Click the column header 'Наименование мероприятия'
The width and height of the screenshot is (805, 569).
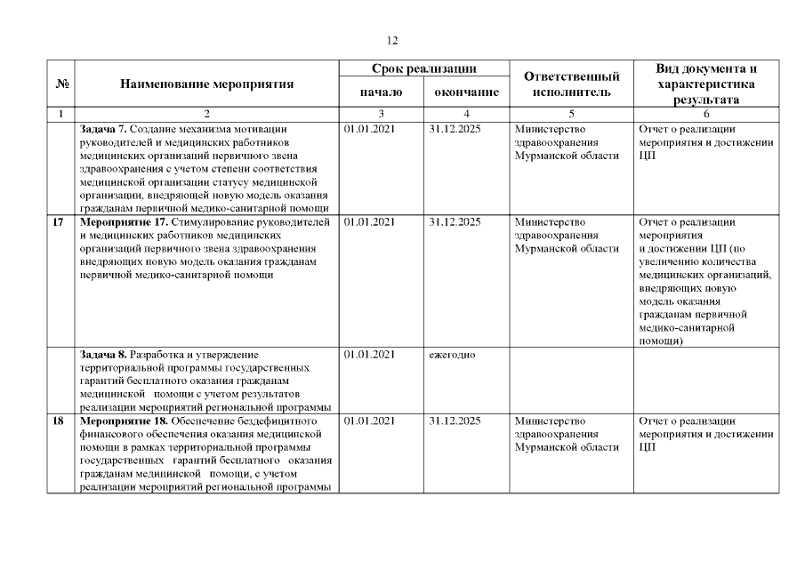click(x=206, y=84)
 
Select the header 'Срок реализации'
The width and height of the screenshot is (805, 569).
click(x=423, y=68)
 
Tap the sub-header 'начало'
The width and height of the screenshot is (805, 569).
click(x=381, y=92)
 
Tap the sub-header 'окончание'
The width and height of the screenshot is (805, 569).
click(x=466, y=92)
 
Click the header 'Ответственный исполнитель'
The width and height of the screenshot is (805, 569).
click(x=571, y=84)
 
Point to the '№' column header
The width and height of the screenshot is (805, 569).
click(x=63, y=84)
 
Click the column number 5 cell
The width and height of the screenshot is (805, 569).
click(x=570, y=114)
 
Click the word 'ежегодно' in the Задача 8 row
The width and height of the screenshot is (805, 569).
click(x=451, y=354)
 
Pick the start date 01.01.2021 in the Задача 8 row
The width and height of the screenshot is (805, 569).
click(x=368, y=354)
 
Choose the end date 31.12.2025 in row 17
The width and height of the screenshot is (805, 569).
click(x=455, y=222)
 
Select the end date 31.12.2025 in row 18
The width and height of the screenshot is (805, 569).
click(x=455, y=421)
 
